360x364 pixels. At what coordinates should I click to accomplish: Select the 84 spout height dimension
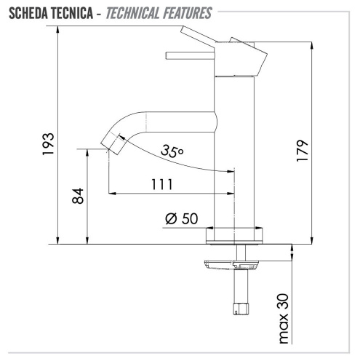point(78,197)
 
